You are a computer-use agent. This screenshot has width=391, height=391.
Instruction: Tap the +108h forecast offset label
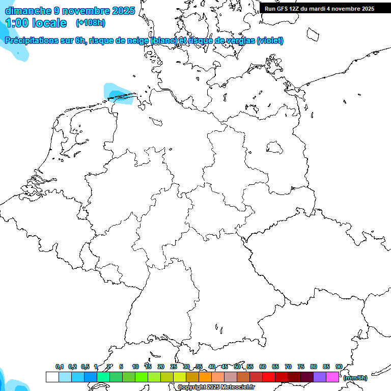(x=91, y=23)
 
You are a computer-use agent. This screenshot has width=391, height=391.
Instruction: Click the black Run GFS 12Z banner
(x=320, y=8)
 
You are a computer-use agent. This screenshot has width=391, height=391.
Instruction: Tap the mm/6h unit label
(x=355, y=378)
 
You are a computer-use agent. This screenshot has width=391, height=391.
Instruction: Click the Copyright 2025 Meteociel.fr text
(x=216, y=387)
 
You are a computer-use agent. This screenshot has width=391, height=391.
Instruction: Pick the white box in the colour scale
(x=52, y=377)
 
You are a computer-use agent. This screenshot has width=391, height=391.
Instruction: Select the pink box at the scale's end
(x=332, y=377)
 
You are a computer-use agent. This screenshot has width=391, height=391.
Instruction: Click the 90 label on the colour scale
(x=339, y=367)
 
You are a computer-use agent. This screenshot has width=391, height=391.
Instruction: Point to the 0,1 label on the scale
(x=60, y=367)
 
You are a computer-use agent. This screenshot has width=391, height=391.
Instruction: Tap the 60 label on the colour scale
(x=263, y=367)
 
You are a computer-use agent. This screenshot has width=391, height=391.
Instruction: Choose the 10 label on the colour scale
(x=135, y=367)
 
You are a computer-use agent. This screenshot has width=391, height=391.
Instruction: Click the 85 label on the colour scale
(x=326, y=367)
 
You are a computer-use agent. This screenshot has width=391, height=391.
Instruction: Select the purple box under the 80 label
(x=320, y=377)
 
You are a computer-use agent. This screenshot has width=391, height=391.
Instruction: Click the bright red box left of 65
(x=269, y=377)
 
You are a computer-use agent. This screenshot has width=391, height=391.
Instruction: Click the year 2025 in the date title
(x=123, y=10)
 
